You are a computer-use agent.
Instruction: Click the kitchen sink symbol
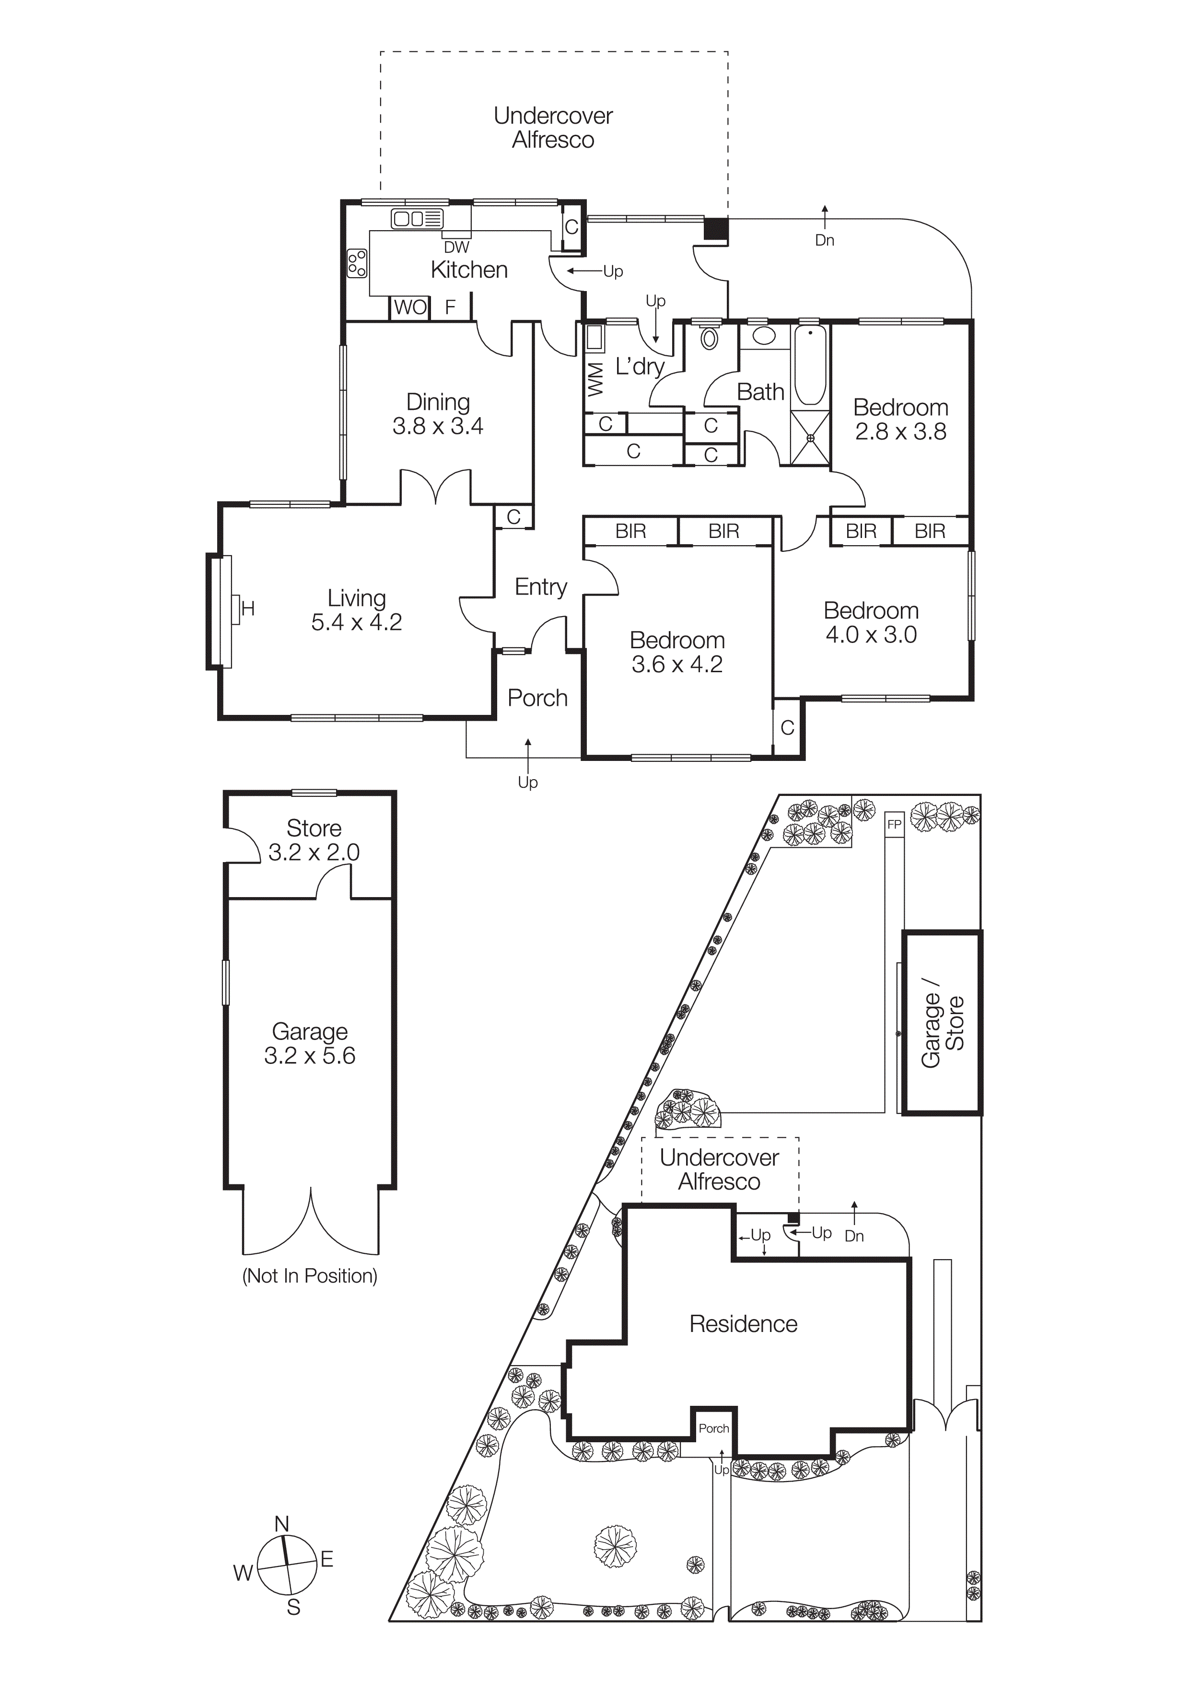point(417,218)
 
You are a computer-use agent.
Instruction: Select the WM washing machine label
point(595,379)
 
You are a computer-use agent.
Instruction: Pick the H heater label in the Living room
point(247,608)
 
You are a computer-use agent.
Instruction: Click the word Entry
point(541,587)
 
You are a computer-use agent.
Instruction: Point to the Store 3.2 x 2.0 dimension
point(314,853)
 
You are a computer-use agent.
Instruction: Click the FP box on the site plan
point(894,824)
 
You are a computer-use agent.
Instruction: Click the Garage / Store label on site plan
point(942,1023)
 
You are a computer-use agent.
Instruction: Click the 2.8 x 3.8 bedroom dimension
point(900,432)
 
